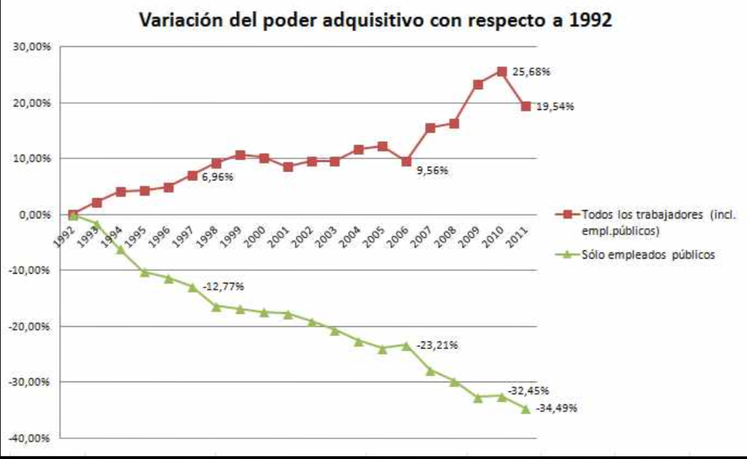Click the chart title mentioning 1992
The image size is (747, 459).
376,20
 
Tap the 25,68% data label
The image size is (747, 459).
531,71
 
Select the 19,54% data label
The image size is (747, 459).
555,106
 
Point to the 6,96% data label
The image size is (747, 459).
217,177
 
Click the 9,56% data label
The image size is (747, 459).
432,171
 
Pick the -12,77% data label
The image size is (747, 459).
223,286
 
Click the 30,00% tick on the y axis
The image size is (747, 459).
29,47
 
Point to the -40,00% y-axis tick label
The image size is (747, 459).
27,438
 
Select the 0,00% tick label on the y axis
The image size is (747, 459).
32,214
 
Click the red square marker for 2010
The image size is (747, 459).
502,71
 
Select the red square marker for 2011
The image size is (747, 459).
526,106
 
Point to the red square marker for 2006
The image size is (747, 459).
407,161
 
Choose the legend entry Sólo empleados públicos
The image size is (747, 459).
647,254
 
